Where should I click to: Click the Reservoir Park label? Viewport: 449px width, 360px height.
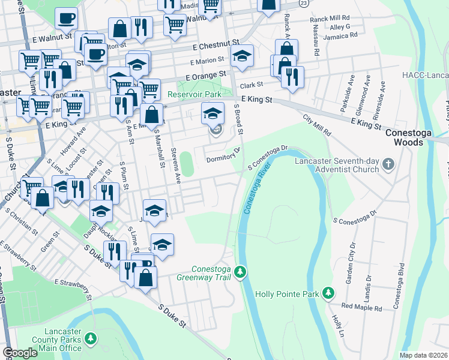tap(194, 94)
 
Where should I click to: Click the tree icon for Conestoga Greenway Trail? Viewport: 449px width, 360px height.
tap(240, 273)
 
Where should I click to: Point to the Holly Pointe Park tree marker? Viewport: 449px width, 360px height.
tap(328, 293)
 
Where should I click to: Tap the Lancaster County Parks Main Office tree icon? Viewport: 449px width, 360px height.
tap(90, 340)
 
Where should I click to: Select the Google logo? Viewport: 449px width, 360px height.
tap(20, 353)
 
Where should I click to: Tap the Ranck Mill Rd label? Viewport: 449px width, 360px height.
tap(329, 19)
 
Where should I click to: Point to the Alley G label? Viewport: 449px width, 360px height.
tap(339, 27)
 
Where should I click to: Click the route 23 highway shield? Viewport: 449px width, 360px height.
tap(304, 3)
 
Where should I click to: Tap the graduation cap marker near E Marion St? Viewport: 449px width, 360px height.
tap(242, 56)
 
